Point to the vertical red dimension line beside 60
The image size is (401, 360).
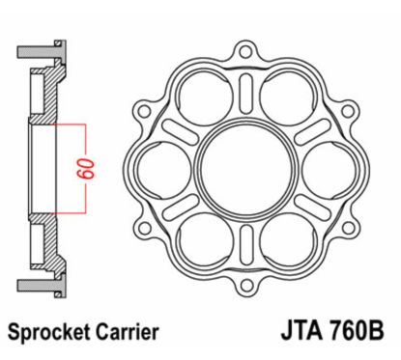pyautogui.click(x=88, y=169)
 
